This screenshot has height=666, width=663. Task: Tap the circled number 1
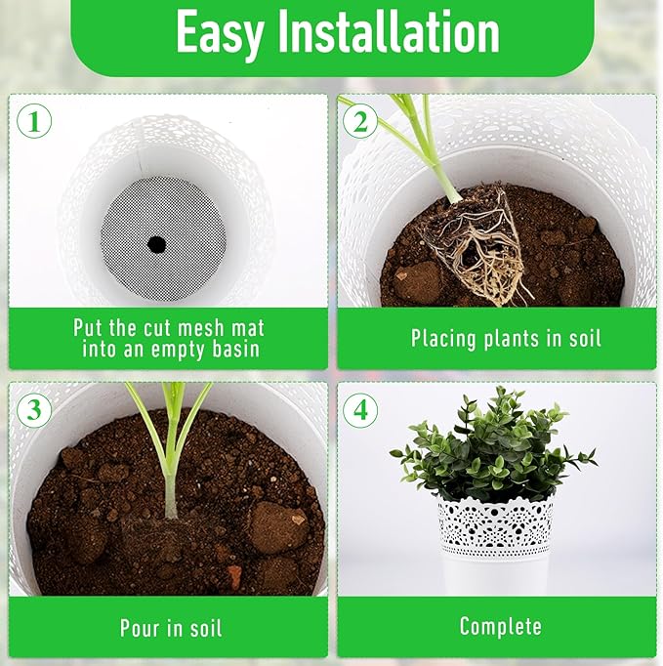pos(34,121)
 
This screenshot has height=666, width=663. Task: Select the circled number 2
pos(360,121)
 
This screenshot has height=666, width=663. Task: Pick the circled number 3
pos(34,410)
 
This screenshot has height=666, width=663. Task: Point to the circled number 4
pos(360,411)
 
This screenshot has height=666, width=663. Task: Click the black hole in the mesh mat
pos(156,245)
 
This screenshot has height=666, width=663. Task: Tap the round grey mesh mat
pos(163,238)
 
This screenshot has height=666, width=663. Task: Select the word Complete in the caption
pos(500,627)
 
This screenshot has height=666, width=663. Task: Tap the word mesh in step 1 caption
pos(200,328)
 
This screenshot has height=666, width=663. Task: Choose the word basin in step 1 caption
pos(235,350)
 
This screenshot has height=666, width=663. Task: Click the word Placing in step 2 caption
pos(443,340)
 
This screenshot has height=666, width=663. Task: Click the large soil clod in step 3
pos(278,528)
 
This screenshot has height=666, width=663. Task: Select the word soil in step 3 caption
pos(206,628)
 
